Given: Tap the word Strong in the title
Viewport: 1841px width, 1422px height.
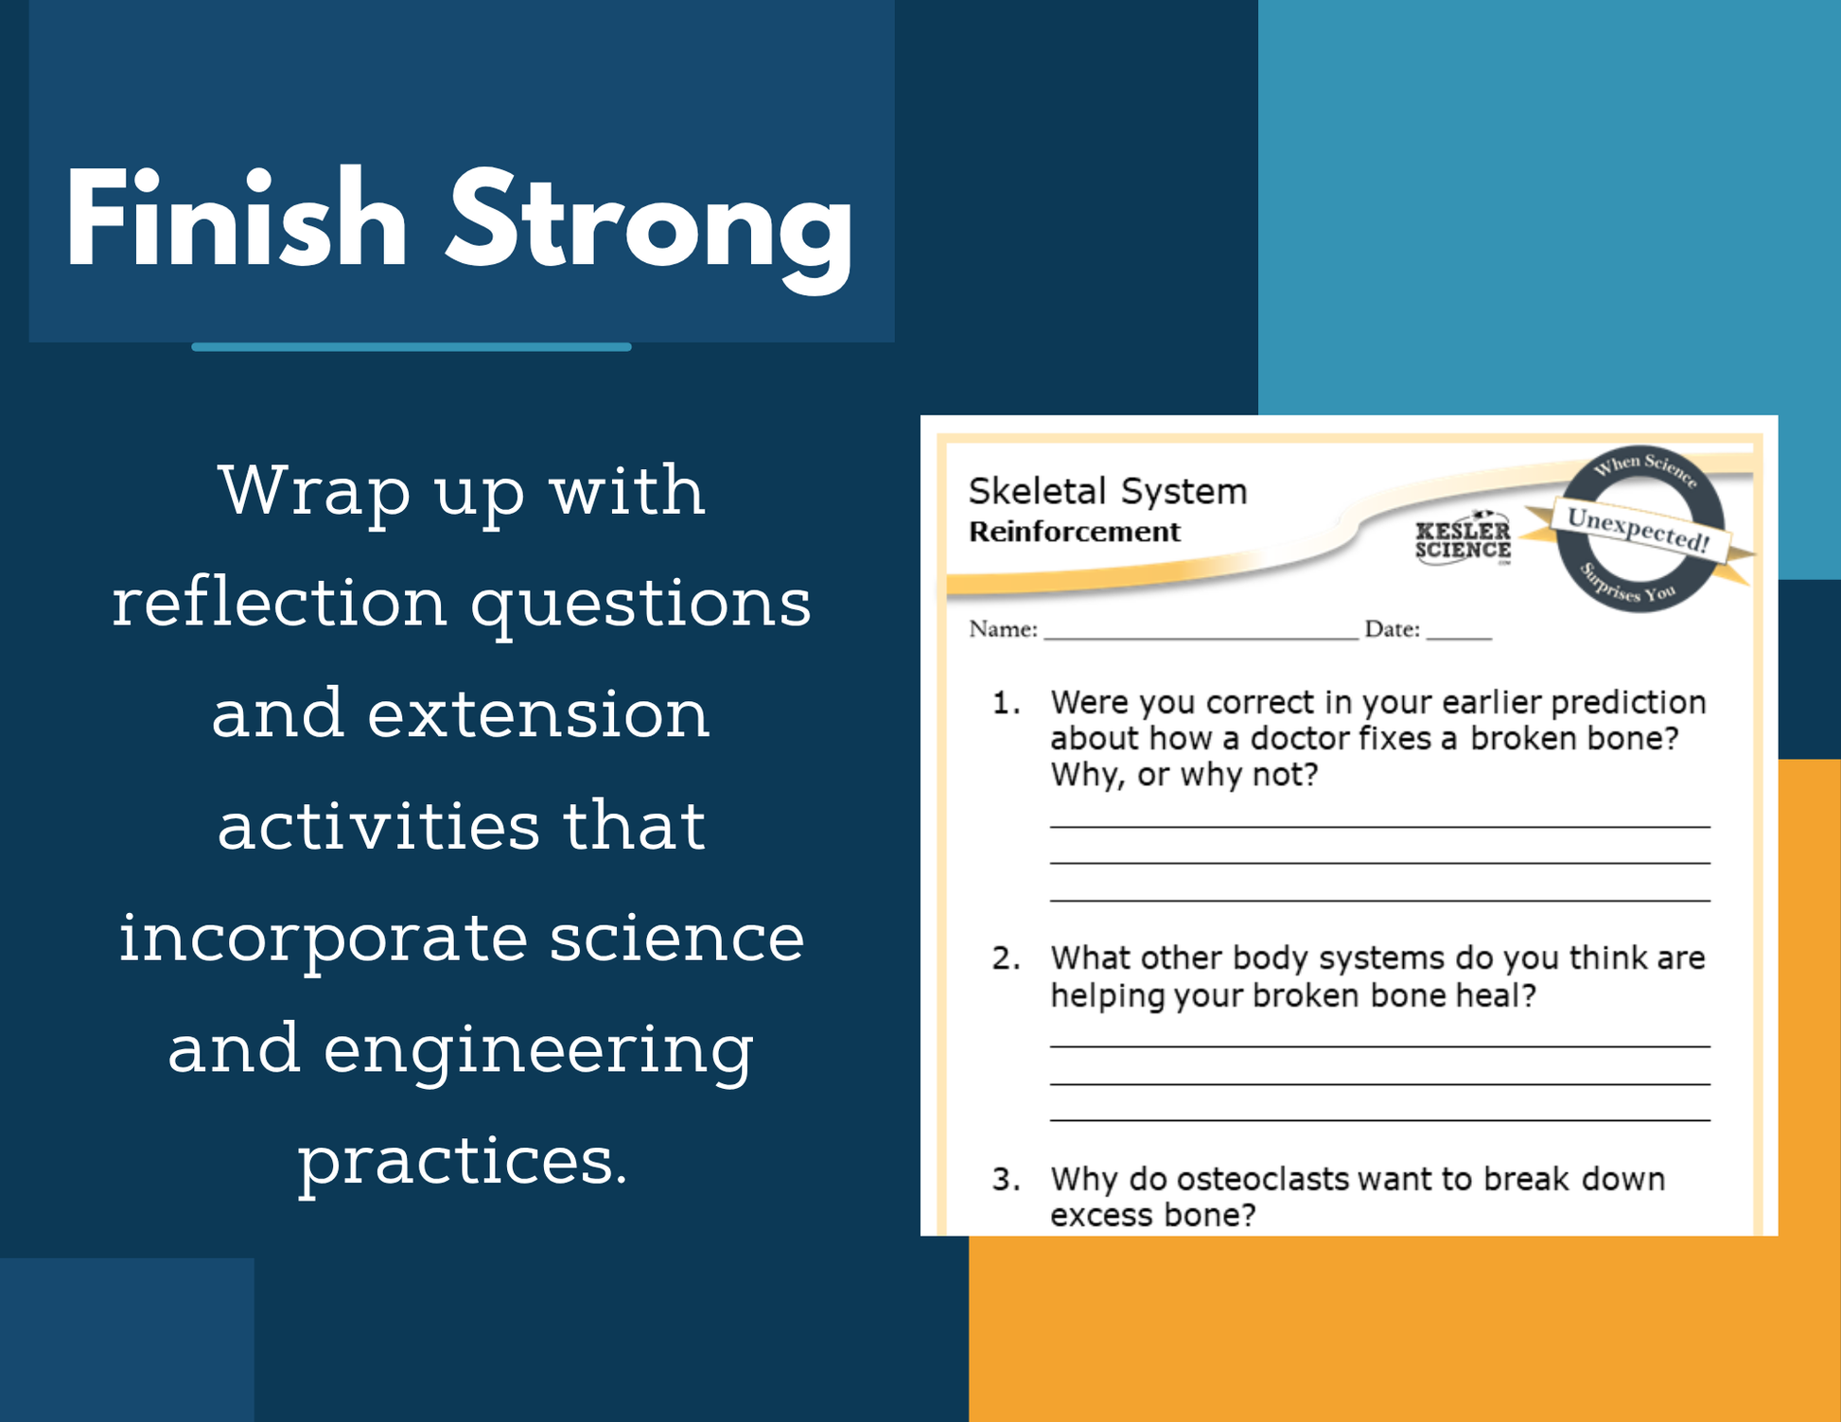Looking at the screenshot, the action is tap(650, 230).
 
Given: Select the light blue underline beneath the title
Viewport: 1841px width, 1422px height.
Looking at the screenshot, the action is tap(412, 347).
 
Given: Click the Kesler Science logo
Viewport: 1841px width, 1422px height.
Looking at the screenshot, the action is tap(1463, 540).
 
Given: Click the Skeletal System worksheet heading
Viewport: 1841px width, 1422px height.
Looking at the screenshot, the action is tap(1108, 491).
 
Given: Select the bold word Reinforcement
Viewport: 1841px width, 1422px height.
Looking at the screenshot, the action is tap(1075, 532).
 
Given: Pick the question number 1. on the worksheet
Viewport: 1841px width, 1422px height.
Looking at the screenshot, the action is tap(1006, 702).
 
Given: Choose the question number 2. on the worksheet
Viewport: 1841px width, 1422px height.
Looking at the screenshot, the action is tap(1006, 958).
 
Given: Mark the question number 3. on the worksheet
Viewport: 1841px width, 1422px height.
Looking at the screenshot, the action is tap(1006, 1179).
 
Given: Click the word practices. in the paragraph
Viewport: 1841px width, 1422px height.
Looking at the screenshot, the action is tap(463, 1163).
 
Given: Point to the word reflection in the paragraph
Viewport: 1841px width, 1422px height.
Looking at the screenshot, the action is tap(280, 602).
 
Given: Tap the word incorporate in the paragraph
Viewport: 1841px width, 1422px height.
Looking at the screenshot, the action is tap(323, 940).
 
